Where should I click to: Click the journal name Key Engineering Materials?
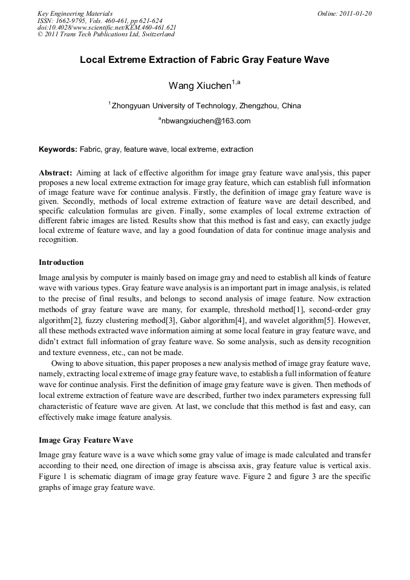[x=74, y=13]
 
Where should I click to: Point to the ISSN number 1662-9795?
[x=69, y=21]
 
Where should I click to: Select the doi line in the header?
[x=106, y=27]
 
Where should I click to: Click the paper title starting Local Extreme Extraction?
[x=204, y=60]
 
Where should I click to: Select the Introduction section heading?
[x=61, y=262]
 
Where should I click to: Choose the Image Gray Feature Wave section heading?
[x=86, y=440]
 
